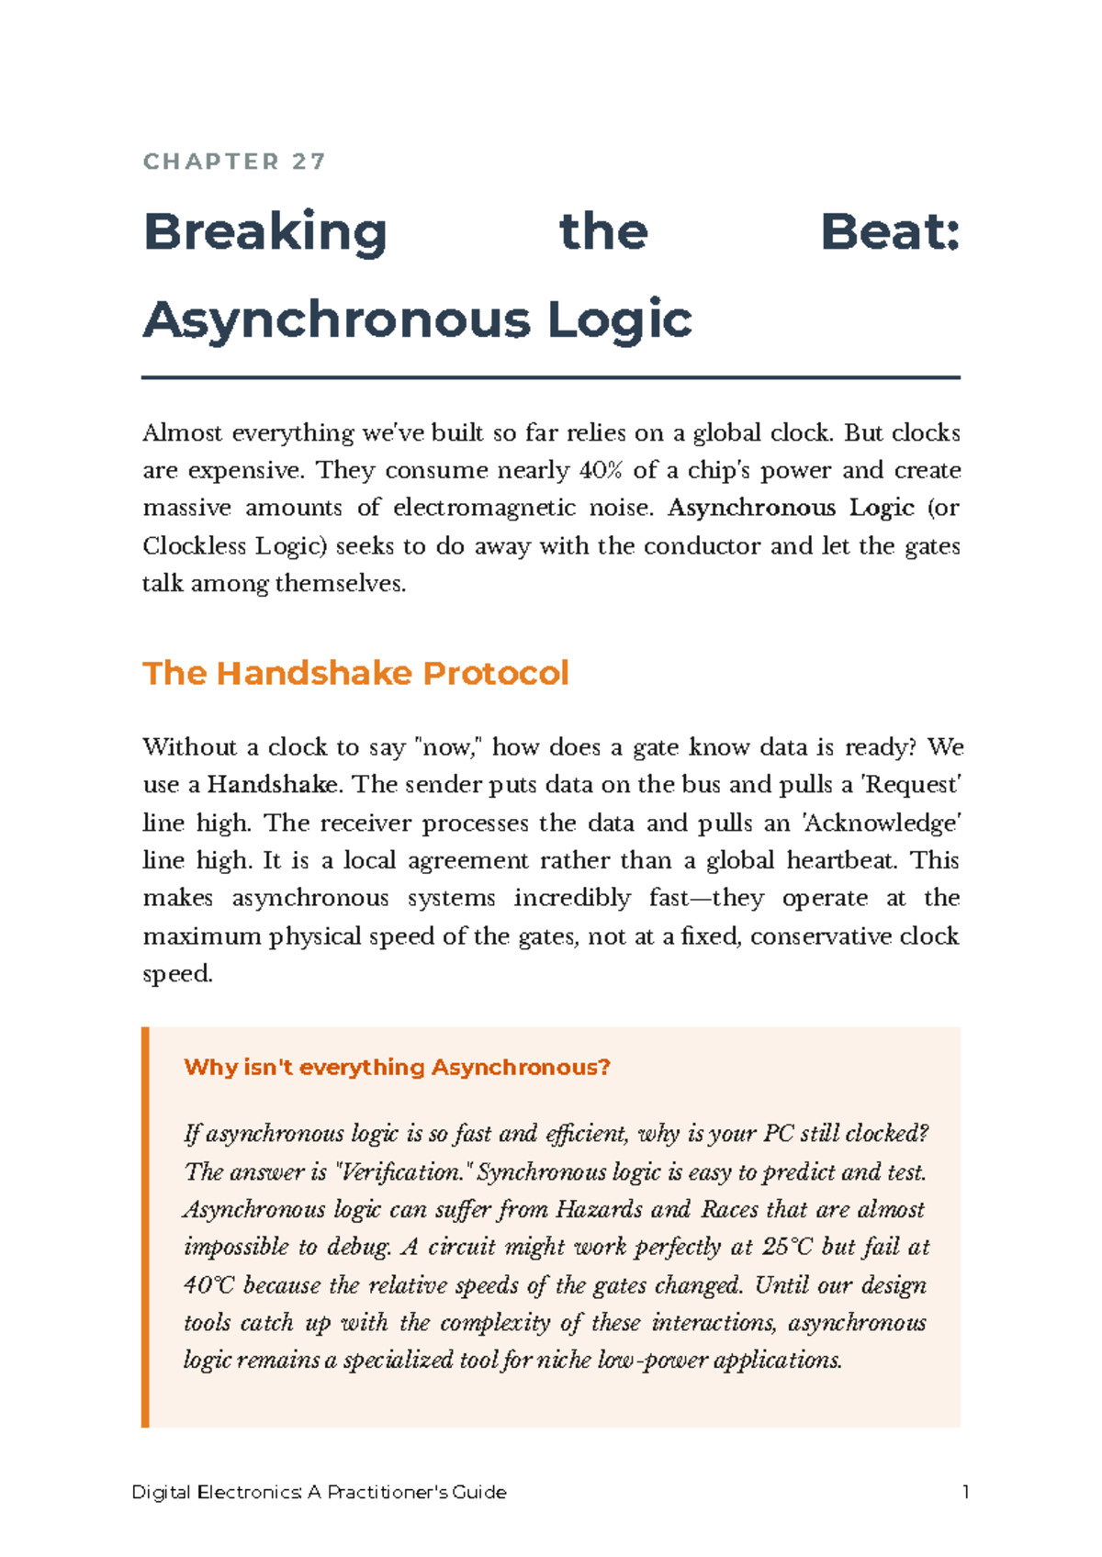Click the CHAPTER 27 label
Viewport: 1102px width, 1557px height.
[235, 162]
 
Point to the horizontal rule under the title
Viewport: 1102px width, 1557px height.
[551, 377]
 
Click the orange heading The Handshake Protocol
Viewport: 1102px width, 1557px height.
[355, 673]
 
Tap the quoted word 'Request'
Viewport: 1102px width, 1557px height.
[913, 785]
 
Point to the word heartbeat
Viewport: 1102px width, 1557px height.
[844, 860]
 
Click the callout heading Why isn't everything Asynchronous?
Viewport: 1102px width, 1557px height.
[397, 1067]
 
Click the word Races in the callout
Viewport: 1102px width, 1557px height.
[730, 1209]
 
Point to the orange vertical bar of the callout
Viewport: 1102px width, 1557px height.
[145, 1227]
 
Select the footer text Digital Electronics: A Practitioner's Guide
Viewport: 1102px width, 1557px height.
[319, 1492]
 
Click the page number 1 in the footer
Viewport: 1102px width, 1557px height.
[965, 1492]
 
